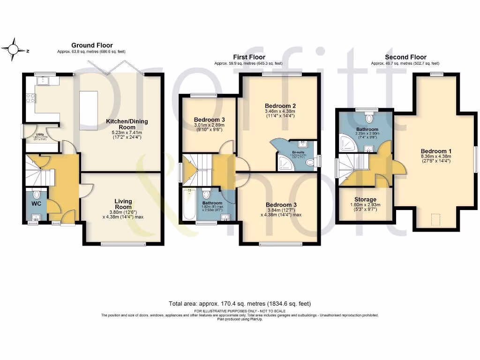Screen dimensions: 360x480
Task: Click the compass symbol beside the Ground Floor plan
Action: click(x=15, y=48)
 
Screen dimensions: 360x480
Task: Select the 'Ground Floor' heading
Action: click(x=92, y=45)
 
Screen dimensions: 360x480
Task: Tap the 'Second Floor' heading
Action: click(x=405, y=57)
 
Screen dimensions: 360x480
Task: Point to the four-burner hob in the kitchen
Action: click(x=30, y=98)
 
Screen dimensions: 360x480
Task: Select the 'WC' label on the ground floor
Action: click(x=37, y=204)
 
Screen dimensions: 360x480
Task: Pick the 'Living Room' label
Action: click(x=124, y=204)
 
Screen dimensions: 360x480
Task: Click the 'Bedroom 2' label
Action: click(x=280, y=105)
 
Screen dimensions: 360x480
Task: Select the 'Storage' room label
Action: click(x=365, y=200)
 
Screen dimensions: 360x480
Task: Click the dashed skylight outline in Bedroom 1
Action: click(x=435, y=218)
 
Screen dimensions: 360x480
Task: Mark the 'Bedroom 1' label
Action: click(x=436, y=151)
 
